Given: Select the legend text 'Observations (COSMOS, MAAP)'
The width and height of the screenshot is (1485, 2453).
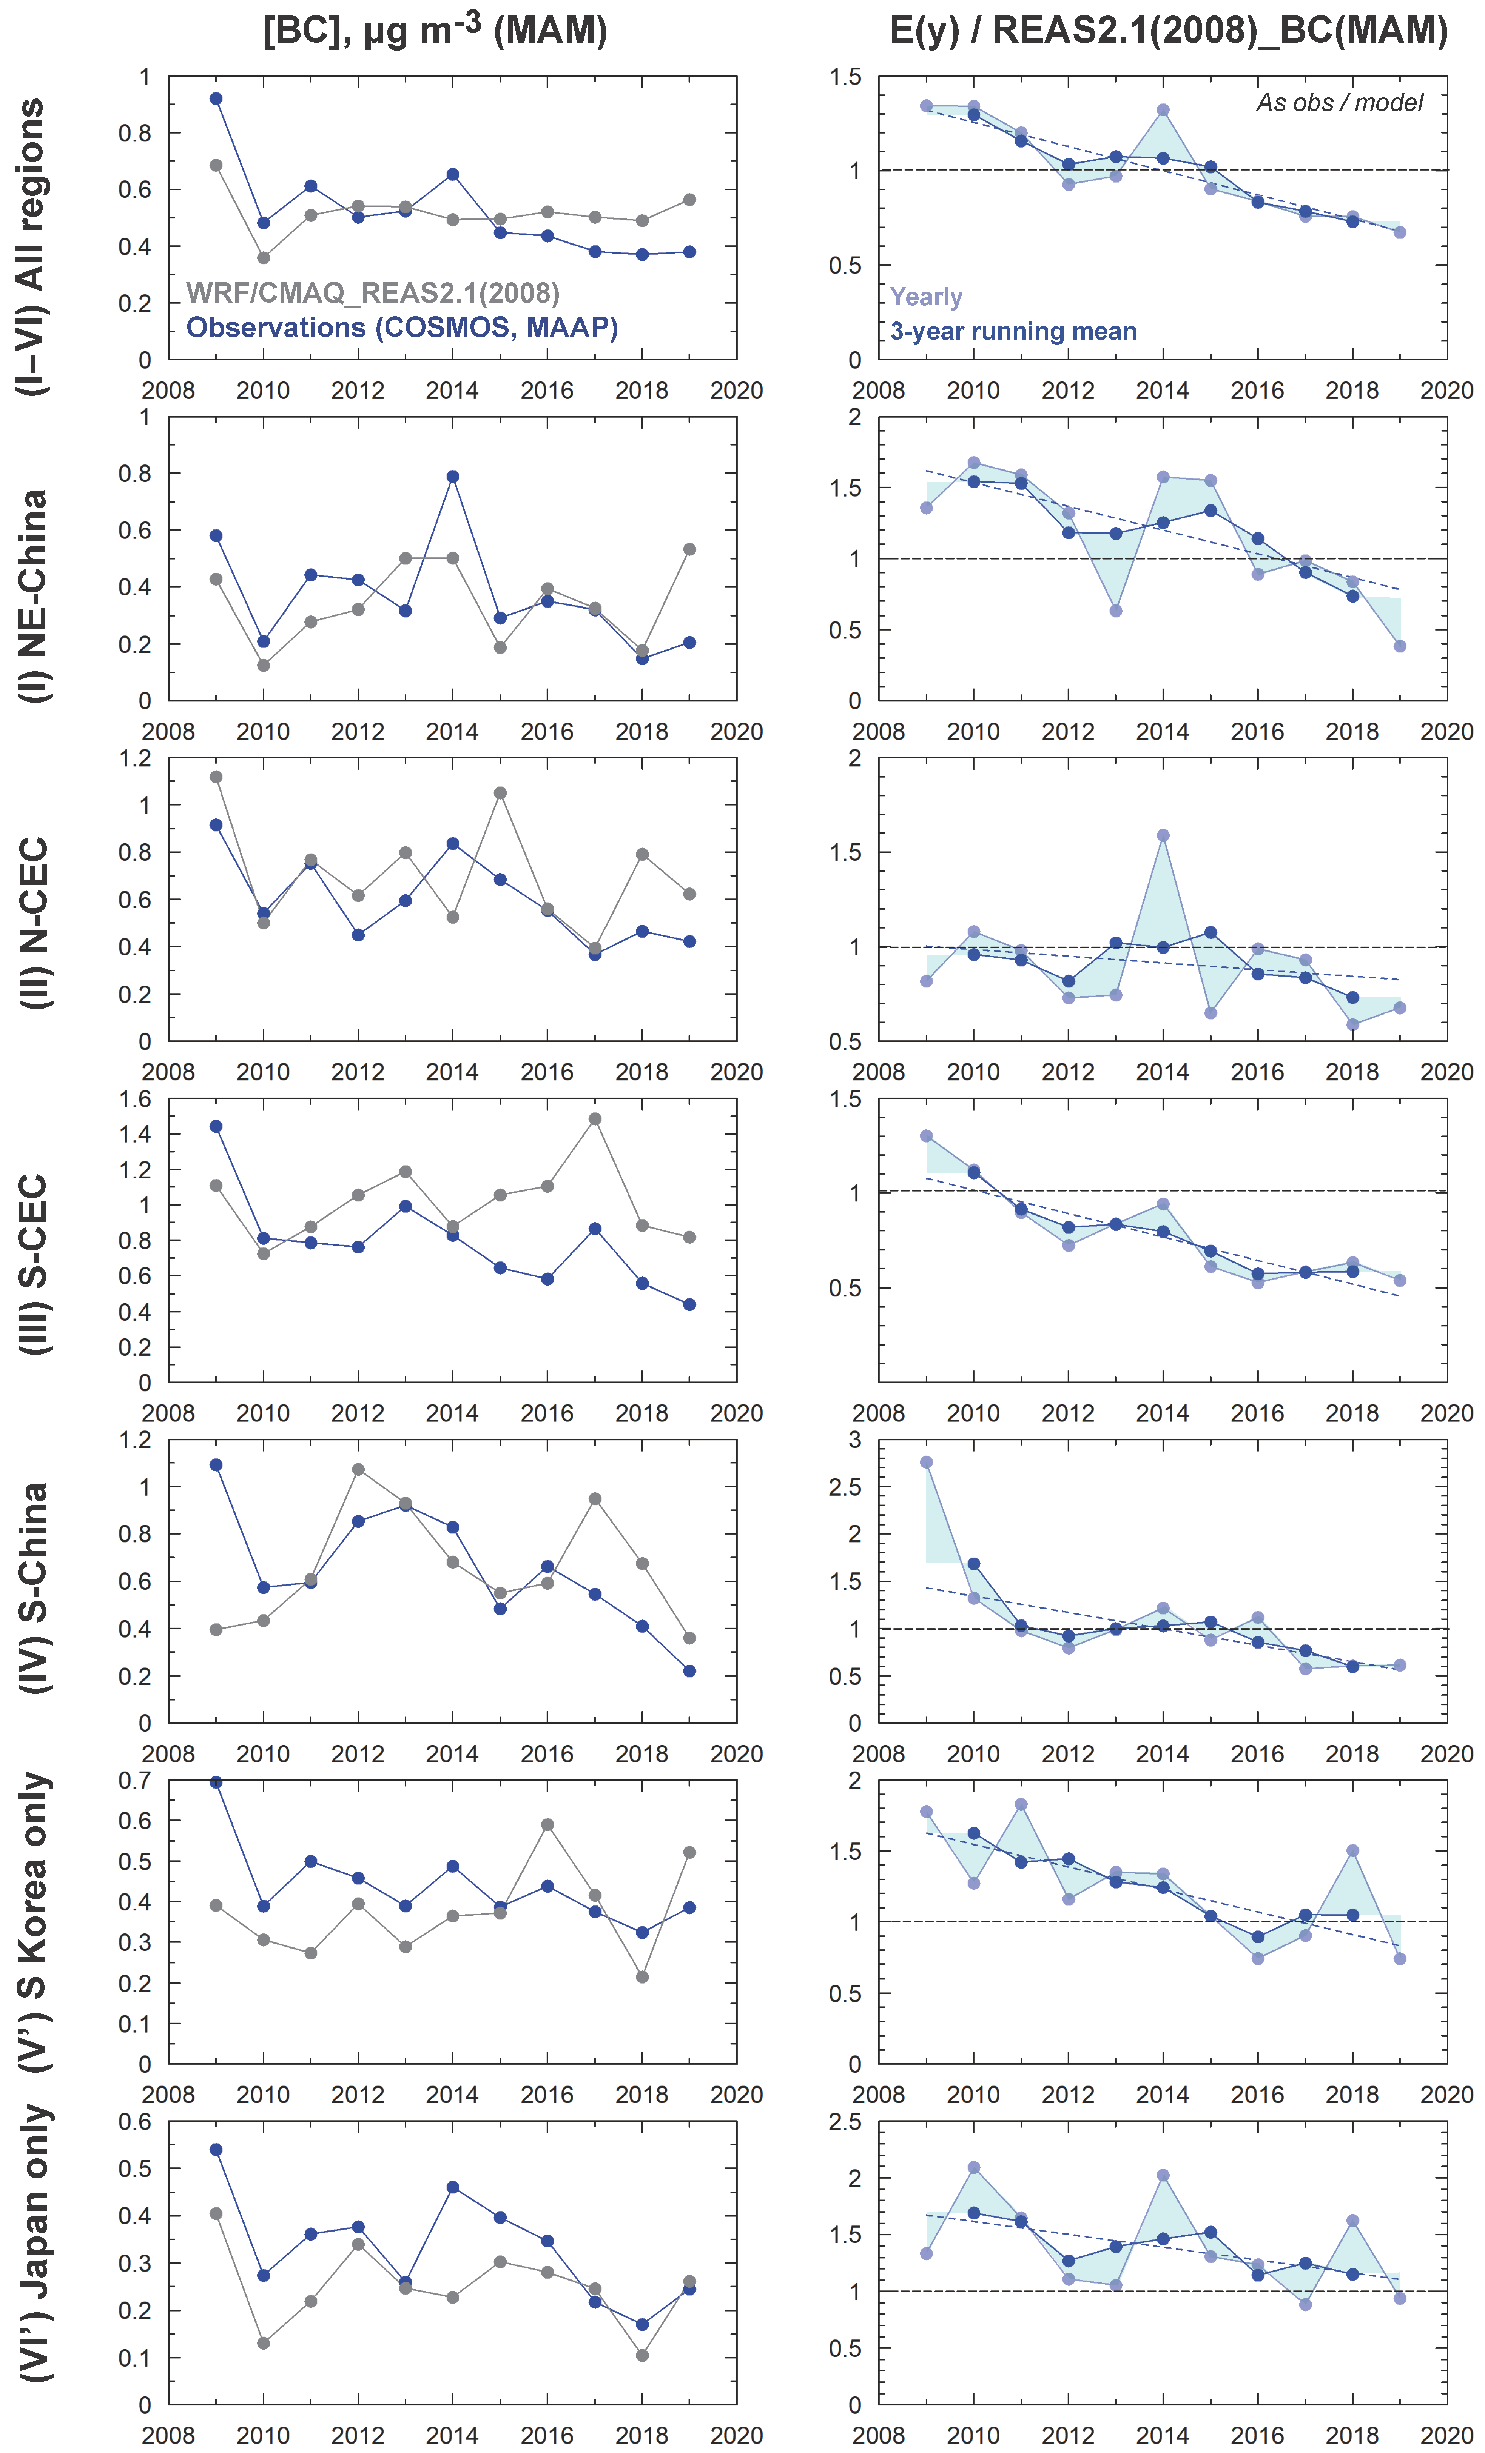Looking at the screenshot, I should [x=401, y=328].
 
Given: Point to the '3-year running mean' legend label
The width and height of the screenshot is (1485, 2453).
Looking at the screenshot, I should [x=1013, y=332].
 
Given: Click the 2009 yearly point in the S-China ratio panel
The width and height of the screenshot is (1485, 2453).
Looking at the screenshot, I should [x=926, y=1463].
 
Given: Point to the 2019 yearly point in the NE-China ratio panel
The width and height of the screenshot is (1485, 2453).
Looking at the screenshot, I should [x=1399, y=646].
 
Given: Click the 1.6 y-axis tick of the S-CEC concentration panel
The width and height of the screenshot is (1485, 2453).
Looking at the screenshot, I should [x=136, y=1099].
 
